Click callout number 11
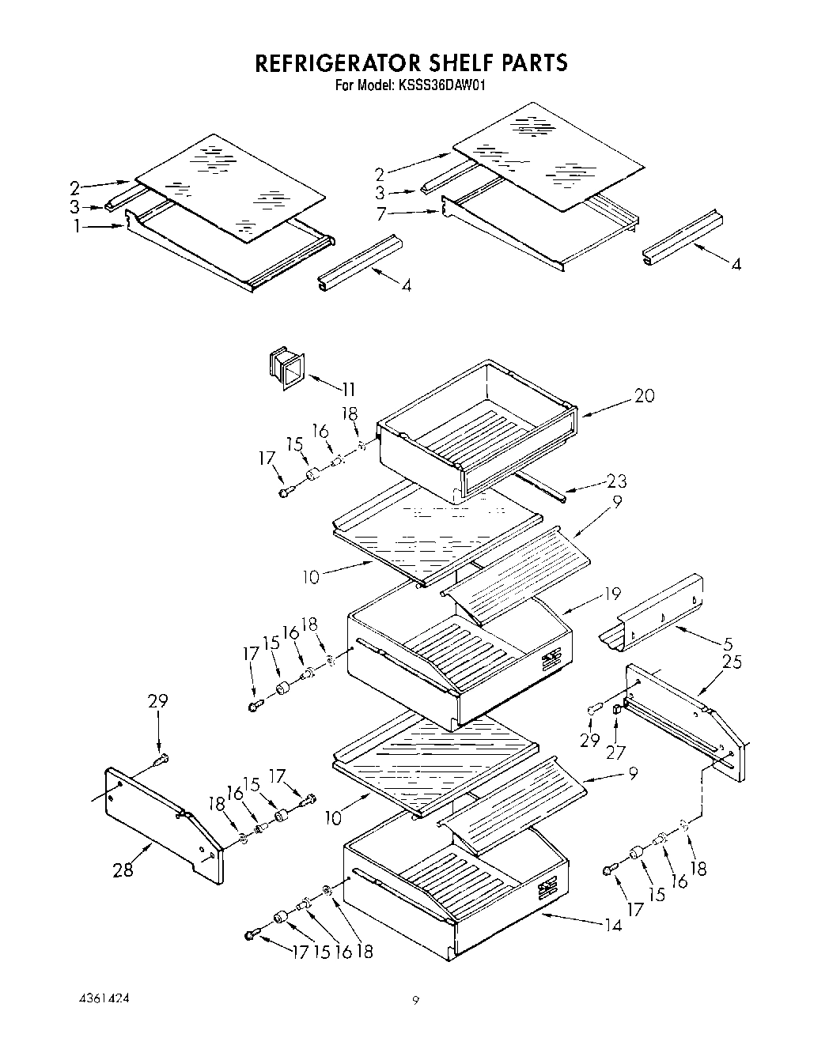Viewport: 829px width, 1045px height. point(347,388)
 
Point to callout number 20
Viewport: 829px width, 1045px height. point(645,396)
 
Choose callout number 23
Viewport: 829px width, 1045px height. point(617,481)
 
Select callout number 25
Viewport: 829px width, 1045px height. point(732,662)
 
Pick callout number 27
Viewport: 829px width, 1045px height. point(615,753)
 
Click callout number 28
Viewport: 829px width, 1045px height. point(123,870)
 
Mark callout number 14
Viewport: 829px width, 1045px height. point(611,922)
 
